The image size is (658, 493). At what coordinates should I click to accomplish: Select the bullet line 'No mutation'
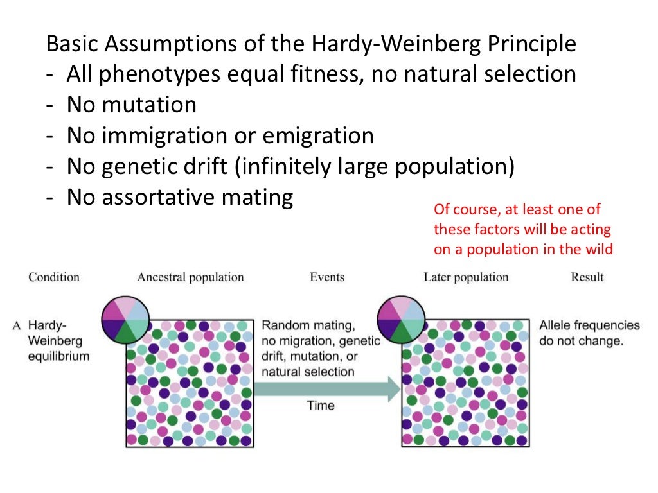pyautogui.click(x=131, y=105)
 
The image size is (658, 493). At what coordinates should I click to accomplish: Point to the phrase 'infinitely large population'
pyautogui.click(x=373, y=166)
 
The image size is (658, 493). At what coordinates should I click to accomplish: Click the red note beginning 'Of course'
pyautogui.click(x=523, y=229)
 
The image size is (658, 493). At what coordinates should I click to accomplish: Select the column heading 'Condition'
pyautogui.click(x=54, y=277)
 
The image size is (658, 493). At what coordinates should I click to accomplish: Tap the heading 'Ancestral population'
pyautogui.click(x=190, y=277)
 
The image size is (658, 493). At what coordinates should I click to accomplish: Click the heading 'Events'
pyautogui.click(x=327, y=277)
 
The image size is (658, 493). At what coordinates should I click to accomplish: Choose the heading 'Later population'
pyautogui.click(x=466, y=277)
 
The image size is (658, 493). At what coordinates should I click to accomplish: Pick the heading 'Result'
pyautogui.click(x=587, y=277)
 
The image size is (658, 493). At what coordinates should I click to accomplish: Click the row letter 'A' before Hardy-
pyautogui.click(x=17, y=325)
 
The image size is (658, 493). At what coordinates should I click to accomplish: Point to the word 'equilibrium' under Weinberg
pyautogui.click(x=58, y=356)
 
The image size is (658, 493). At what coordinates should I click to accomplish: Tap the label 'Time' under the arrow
pyautogui.click(x=321, y=405)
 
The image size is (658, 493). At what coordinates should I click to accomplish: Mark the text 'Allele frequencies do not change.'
pyautogui.click(x=589, y=333)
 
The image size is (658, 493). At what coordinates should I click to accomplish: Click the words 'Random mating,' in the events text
pyautogui.click(x=308, y=325)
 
